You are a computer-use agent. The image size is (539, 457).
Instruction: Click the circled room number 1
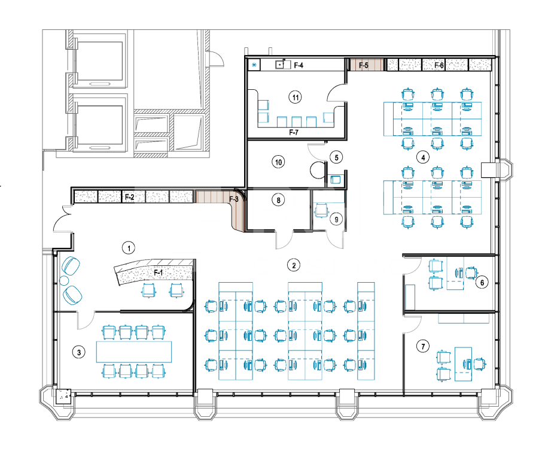pyautogui.click(x=129, y=248)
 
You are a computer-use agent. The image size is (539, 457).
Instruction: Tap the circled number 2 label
pyautogui.click(x=294, y=265)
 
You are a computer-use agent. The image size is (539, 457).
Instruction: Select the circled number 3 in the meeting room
pyautogui.click(x=79, y=352)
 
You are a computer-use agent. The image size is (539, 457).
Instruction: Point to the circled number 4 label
pyautogui.click(x=423, y=158)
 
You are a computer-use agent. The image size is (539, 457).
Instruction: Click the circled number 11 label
pyautogui.click(x=296, y=98)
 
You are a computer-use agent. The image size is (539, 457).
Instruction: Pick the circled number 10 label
pyautogui.click(x=278, y=162)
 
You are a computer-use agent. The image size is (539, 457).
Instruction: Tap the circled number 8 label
pyautogui.click(x=278, y=200)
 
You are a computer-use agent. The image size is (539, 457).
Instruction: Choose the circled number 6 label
pyautogui.click(x=482, y=283)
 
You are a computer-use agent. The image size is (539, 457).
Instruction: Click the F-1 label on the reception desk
pyautogui.click(x=158, y=273)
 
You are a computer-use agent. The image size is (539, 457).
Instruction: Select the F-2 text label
pyautogui.click(x=130, y=197)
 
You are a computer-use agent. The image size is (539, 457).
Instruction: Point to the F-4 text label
pyautogui.click(x=299, y=65)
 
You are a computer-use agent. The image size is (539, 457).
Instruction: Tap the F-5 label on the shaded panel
pyautogui.click(x=364, y=65)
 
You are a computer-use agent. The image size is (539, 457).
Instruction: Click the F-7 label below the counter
pyautogui.click(x=294, y=132)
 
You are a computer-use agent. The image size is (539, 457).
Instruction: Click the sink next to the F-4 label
pyautogui.click(x=280, y=65)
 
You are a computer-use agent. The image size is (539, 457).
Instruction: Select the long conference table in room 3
pyautogui.click(x=134, y=352)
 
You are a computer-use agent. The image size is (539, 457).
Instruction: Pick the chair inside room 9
pyautogui.click(x=322, y=210)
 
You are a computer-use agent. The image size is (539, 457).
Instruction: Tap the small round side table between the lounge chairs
pyautogui.click(x=64, y=280)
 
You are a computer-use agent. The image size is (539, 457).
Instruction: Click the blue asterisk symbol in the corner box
pyautogui.click(x=254, y=65)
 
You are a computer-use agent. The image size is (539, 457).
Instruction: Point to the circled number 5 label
pyautogui.click(x=336, y=158)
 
